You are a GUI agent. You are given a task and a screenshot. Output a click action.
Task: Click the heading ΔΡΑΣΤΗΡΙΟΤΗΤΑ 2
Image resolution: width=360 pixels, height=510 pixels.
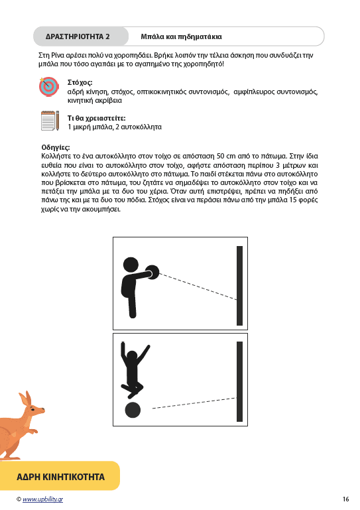coord(78,36)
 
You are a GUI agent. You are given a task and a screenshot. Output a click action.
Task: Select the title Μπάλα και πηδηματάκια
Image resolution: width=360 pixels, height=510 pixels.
coord(181,36)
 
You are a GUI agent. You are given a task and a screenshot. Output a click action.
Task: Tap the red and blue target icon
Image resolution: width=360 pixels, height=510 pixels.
coord(49,86)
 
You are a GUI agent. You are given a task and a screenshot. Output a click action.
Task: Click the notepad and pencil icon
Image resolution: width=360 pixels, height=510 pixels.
coord(50,121)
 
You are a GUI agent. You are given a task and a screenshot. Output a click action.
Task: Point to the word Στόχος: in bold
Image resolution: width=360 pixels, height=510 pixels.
coord(80,83)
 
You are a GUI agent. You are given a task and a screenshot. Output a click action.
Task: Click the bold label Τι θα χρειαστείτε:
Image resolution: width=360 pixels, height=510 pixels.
coord(96,118)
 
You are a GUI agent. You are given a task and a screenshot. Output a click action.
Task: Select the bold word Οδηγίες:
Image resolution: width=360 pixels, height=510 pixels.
coord(56,147)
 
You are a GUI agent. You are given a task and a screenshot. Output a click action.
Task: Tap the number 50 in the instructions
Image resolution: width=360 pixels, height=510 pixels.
coord(221,156)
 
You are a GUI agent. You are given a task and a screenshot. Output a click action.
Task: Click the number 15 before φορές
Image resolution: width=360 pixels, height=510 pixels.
coord(293,200)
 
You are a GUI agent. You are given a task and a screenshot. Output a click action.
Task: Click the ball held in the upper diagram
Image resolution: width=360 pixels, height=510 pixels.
coord(152,273)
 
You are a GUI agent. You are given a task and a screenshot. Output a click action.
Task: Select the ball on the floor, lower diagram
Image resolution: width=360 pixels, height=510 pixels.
coord(133,410)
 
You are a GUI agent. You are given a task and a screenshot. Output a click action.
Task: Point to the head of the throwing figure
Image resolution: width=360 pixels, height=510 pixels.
coord(131,265)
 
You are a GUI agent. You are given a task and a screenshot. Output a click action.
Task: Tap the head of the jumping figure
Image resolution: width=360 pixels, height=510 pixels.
coord(132,357)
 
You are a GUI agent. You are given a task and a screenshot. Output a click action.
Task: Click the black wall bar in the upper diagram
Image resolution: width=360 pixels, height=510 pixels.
coord(240,286)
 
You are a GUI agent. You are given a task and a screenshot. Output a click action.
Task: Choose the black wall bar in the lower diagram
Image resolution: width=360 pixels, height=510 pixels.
coord(240,381)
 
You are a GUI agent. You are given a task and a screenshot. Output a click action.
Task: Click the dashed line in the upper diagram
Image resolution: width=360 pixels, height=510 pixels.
coord(198,287)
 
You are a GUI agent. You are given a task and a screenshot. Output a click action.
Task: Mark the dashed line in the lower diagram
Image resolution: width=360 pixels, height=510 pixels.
coord(194,403)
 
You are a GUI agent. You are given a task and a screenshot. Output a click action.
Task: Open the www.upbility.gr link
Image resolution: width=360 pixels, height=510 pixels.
coord(42,499)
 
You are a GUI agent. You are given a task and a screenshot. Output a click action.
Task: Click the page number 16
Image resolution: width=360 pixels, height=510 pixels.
coord(345,499)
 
